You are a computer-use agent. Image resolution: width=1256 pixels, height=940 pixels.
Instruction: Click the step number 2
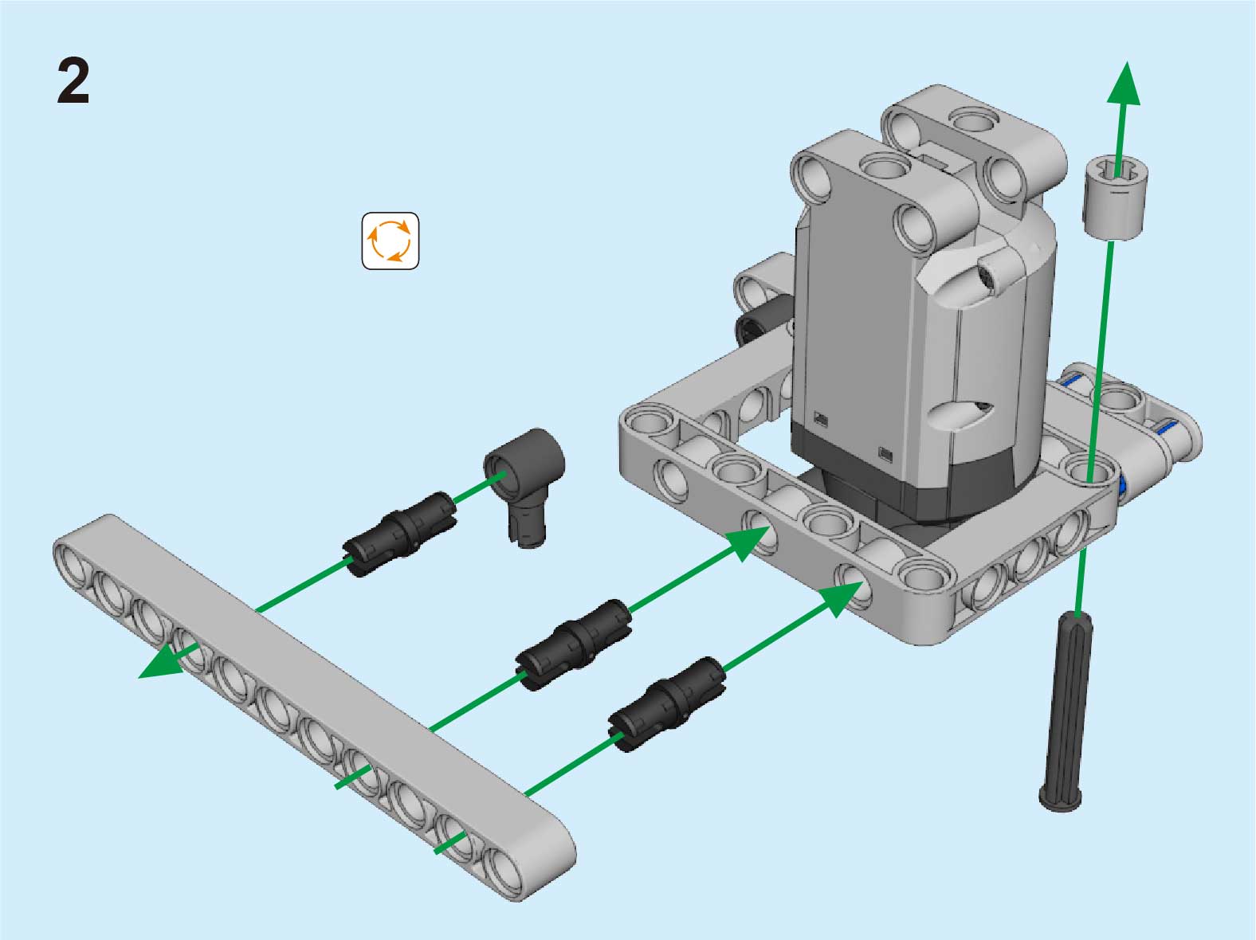(73, 82)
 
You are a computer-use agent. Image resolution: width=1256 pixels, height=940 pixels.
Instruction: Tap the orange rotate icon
(391, 241)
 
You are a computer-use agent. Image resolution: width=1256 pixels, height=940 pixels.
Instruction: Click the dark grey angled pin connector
(525, 485)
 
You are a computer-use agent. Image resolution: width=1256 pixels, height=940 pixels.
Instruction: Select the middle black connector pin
(573, 644)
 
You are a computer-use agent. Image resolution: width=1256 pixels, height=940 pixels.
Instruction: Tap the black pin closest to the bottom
(667, 704)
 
